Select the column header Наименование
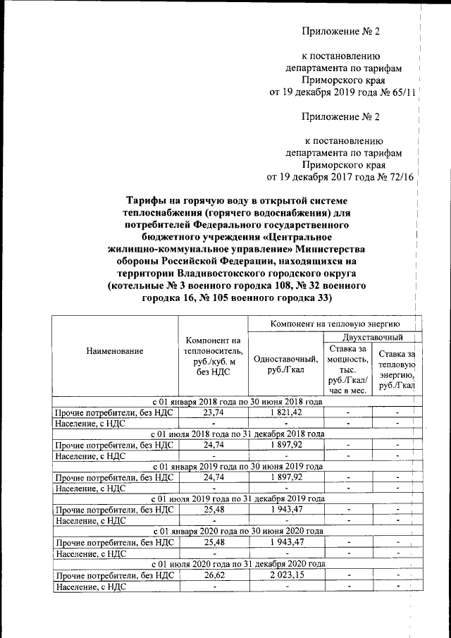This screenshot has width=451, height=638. coord(115,350)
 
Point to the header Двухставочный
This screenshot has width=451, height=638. coord(369,338)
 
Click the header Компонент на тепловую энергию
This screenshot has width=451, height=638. coord(335,322)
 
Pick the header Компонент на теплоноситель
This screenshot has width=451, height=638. coord(214,356)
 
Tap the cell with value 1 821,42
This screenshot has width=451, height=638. coord(285,412)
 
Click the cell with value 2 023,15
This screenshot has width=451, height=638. coord(285,575)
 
